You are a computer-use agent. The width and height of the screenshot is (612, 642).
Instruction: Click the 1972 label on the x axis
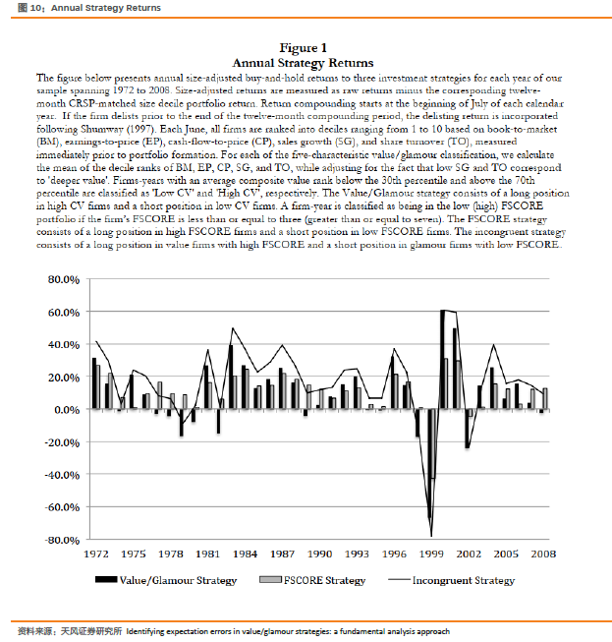[x=95, y=554]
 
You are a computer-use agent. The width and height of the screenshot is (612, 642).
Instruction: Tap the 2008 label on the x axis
[x=542, y=554]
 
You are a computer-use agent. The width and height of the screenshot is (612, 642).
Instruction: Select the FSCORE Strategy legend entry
[x=324, y=581]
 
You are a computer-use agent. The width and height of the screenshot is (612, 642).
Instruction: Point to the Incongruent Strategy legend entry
[x=463, y=581]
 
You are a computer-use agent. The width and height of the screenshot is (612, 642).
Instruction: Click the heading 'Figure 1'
[x=304, y=48]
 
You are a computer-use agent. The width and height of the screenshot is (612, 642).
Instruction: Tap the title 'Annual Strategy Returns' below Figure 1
[x=304, y=63]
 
